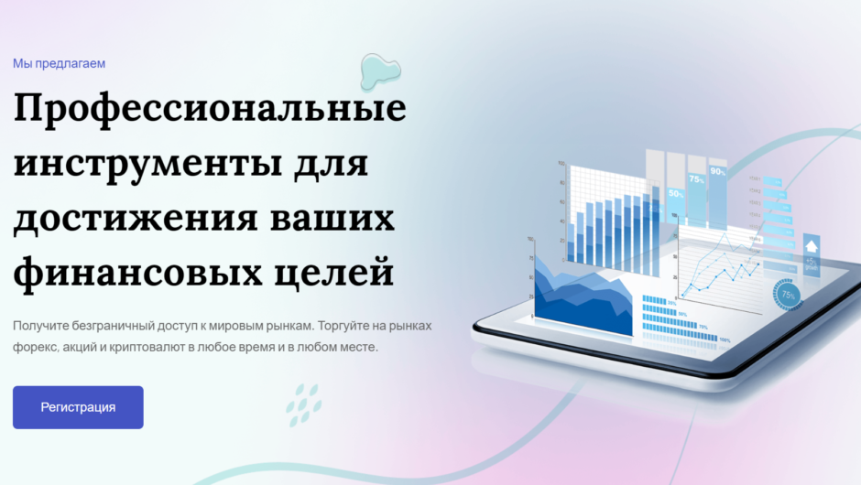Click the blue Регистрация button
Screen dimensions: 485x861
[78, 407]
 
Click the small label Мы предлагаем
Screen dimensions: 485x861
[60, 63]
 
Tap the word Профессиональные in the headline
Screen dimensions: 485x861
[210, 109]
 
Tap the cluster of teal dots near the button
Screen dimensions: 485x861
[303, 404]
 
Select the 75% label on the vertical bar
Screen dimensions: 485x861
[696, 180]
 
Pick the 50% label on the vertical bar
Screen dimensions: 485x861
[676, 194]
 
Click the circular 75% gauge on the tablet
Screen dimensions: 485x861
[787, 294]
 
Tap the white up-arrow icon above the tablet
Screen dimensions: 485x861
[811, 245]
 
